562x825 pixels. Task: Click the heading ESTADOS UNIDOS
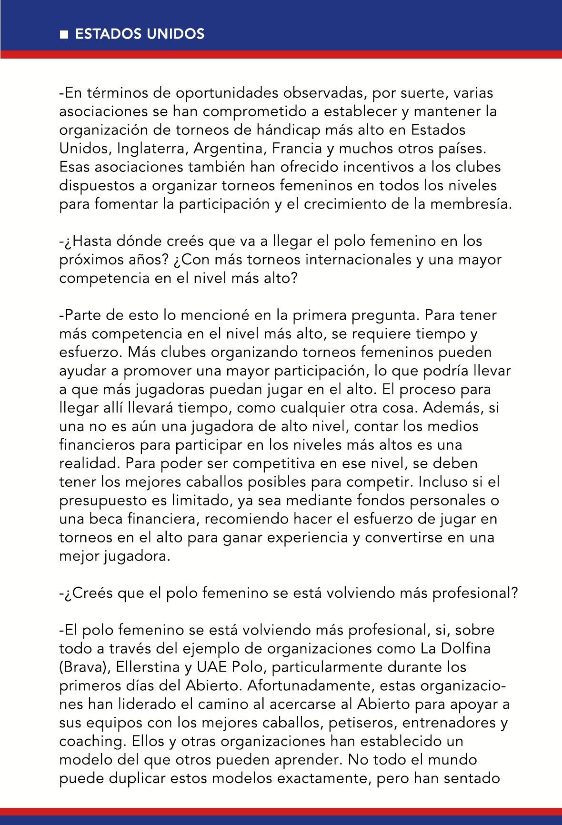140,34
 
